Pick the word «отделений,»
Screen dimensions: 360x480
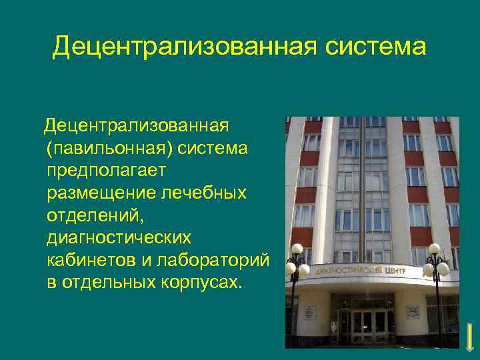pos(94,215)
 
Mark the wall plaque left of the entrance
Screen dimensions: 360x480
pos(309,312)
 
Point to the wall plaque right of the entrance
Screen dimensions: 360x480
pos(413,312)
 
